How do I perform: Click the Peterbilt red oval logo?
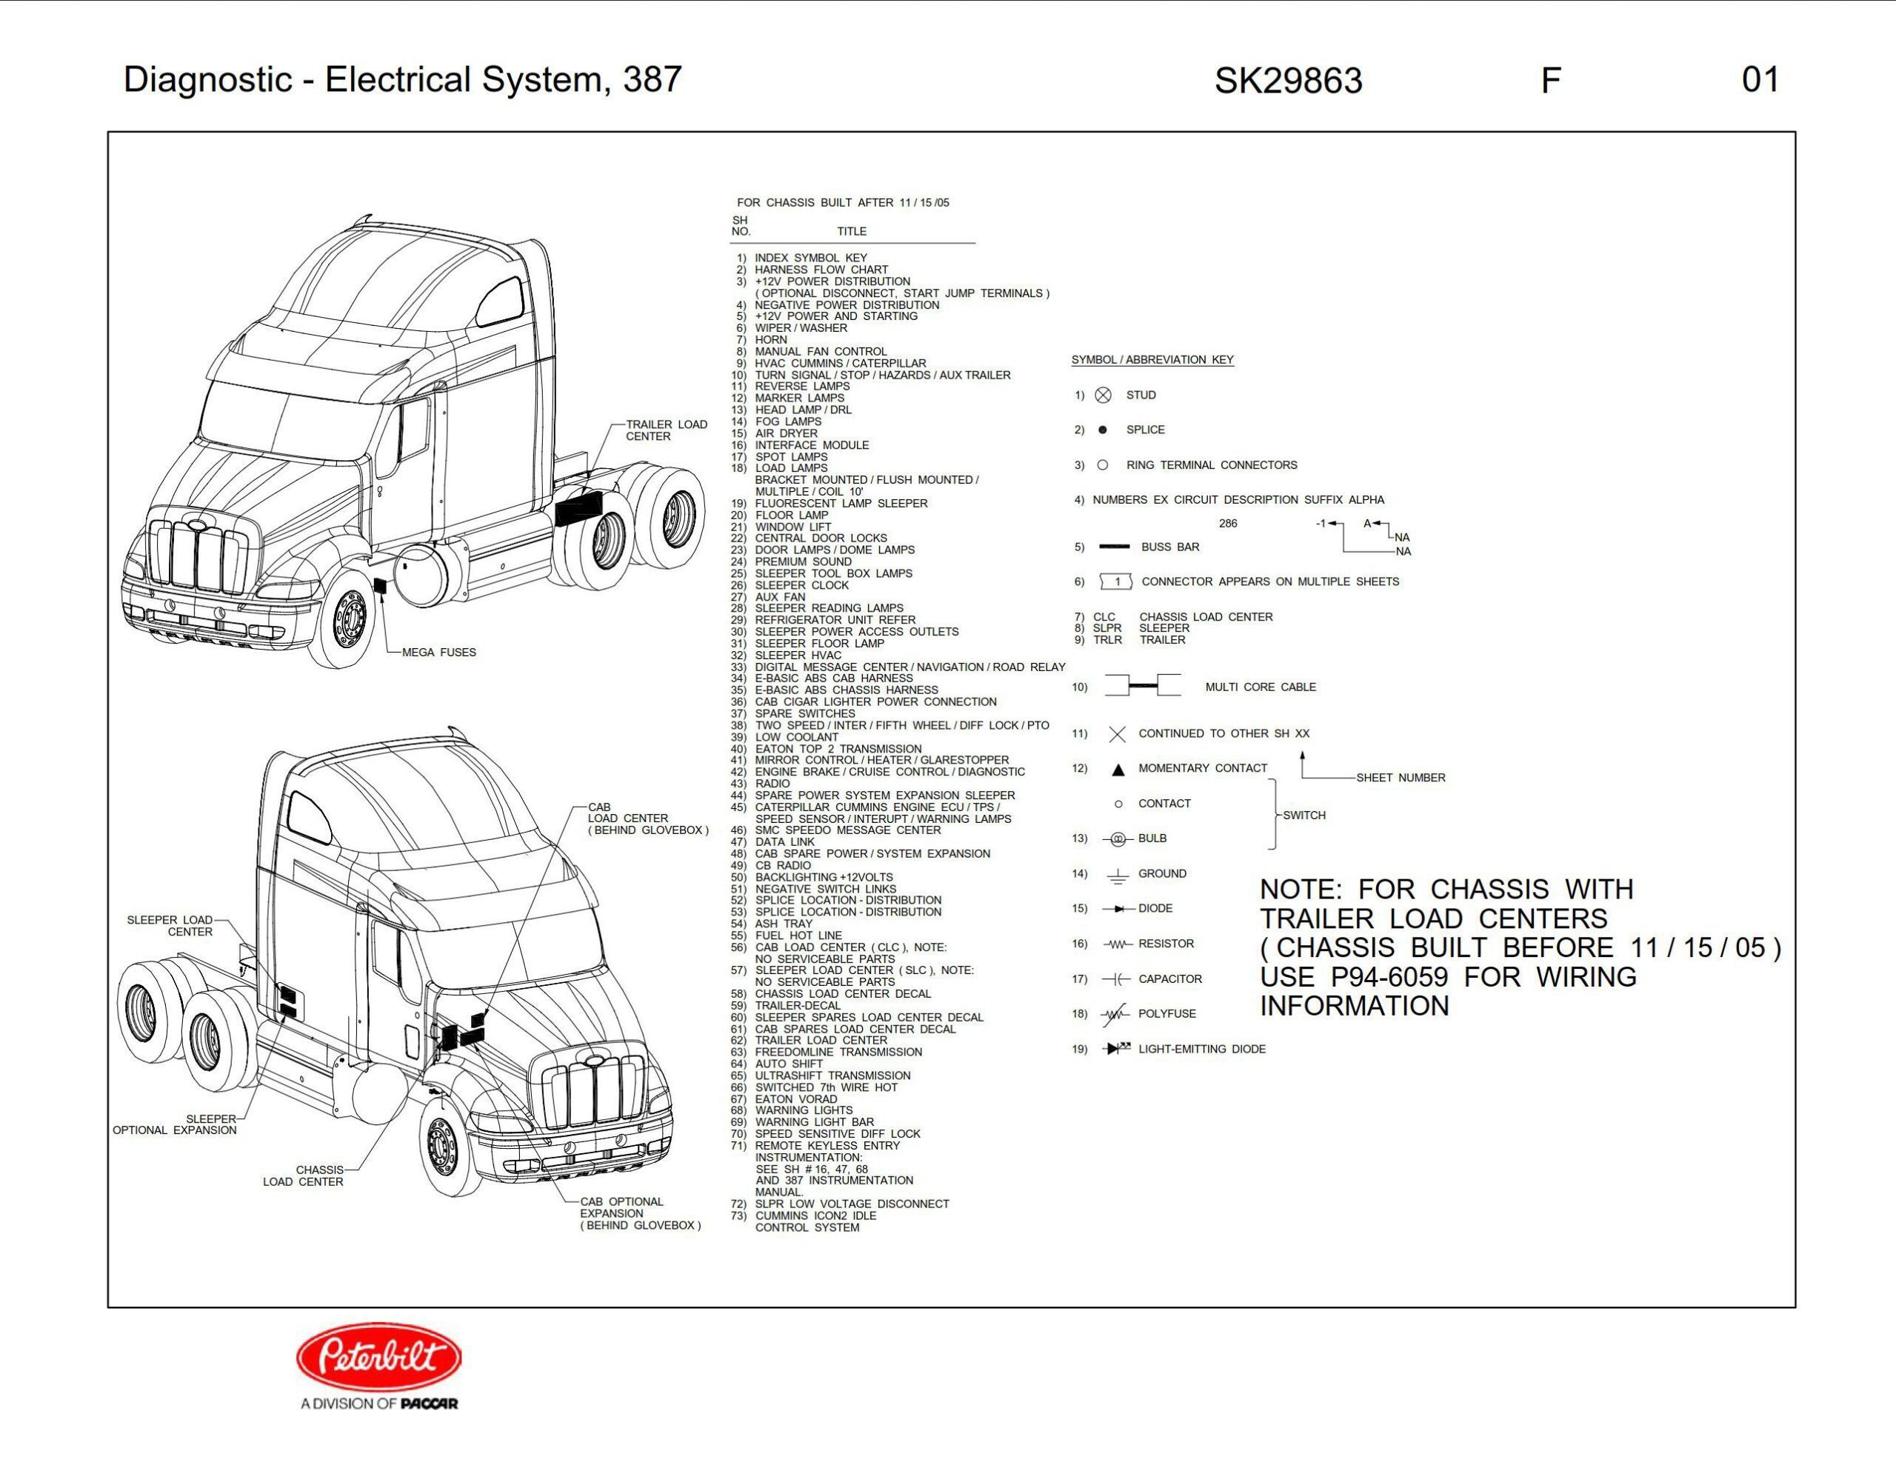point(378,1357)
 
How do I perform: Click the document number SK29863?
point(1287,81)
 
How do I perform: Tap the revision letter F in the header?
point(1549,81)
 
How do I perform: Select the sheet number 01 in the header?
point(1760,80)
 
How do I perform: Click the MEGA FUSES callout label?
point(438,652)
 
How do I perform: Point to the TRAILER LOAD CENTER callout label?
point(666,430)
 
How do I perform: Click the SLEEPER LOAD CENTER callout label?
point(170,925)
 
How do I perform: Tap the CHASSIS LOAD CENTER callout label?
point(304,1175)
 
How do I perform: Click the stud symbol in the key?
point(1103,395)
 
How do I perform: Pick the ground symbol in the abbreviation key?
point(1118,874)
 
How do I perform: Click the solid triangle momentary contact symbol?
point(1118,769)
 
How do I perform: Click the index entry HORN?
point(771,340)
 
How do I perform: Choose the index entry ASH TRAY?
point(783,924)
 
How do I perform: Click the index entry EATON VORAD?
point(795,1099)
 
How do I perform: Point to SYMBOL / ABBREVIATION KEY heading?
point(1152,359)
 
